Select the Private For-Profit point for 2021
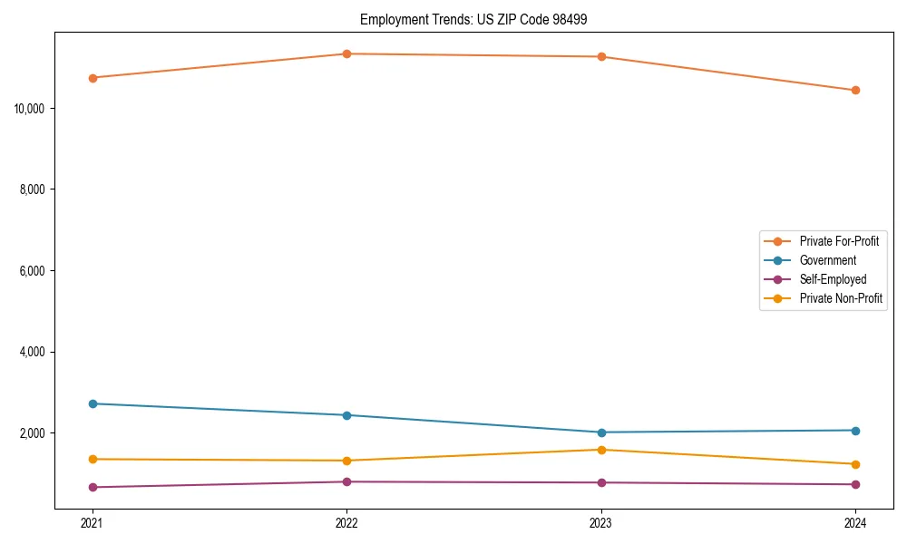(93, 78)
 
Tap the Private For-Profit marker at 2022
(346, 53)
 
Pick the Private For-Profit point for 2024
(855, 91)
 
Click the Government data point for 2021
(93, 403)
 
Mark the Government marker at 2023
(601, 432)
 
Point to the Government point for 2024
(855, 431)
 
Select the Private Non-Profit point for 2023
(601, 450)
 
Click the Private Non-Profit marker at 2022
(346, 461)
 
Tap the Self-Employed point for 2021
(93, 487)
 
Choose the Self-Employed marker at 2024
(855, 484)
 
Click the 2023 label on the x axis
(601, 523)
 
